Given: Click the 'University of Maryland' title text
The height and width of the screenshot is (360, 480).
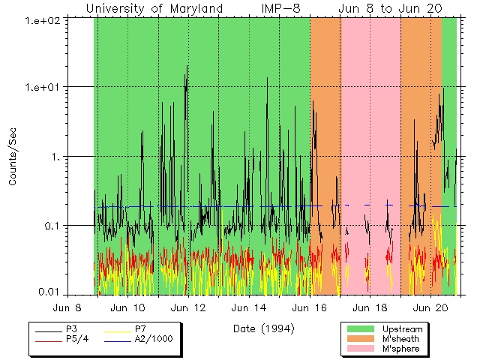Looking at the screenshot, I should pos(154,9).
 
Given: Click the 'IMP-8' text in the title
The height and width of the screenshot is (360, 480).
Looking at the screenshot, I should pos(281,9).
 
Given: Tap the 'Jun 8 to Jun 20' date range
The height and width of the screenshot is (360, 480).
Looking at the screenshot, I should pos(389,9).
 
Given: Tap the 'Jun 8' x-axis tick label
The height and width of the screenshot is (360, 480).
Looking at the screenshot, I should pos(67,307).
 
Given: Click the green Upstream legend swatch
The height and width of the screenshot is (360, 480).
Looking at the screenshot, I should pos(360,329).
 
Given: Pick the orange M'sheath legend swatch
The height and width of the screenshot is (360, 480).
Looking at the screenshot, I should pos(360,339).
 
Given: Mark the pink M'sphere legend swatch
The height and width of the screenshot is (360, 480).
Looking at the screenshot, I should pos(360,349).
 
